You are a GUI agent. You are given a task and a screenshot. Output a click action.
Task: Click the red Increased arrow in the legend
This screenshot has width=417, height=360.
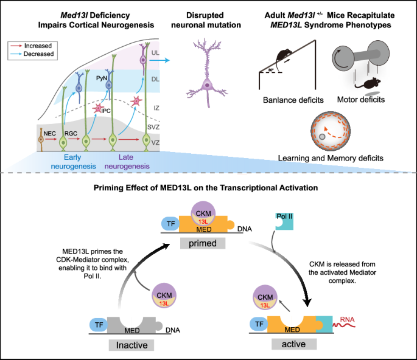coord(16,46)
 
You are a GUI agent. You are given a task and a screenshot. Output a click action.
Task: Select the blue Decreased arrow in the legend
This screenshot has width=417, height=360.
coord(16,54)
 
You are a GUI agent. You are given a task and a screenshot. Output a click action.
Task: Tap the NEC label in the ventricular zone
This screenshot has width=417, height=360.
coord(50,133)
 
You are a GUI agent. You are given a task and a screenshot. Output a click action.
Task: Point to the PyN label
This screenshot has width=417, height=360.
coord(101,78)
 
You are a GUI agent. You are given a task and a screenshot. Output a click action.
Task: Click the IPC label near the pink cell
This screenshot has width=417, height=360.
coord(106,111)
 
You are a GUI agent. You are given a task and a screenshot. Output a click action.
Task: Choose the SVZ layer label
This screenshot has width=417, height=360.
coord(153,127)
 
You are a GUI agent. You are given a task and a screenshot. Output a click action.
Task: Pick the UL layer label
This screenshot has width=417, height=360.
coord(155,53)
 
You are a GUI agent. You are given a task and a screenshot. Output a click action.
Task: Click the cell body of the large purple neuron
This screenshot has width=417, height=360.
coord(207,86)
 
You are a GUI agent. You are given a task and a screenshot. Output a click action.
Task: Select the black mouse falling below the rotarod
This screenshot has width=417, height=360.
coord(368,84)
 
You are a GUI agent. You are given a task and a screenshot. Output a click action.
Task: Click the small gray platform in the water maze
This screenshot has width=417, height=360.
coord(322,137)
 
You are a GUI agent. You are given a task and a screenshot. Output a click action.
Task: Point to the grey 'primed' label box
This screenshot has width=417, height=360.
coord(203,243)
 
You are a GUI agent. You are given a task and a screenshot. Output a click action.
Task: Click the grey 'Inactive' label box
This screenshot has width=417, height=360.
coord(131,345)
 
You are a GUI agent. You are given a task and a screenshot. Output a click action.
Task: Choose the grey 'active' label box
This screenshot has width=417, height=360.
coord(294,344)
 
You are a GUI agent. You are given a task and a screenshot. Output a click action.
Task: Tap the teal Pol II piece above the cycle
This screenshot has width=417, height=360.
coord(284,221)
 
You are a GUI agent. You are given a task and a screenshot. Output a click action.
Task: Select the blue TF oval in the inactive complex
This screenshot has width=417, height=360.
coord(99,325)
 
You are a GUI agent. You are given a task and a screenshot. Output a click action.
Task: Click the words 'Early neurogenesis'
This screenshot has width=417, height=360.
coord(73,162)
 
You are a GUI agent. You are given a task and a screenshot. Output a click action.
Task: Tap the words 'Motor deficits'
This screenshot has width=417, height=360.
coord(361,100)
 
